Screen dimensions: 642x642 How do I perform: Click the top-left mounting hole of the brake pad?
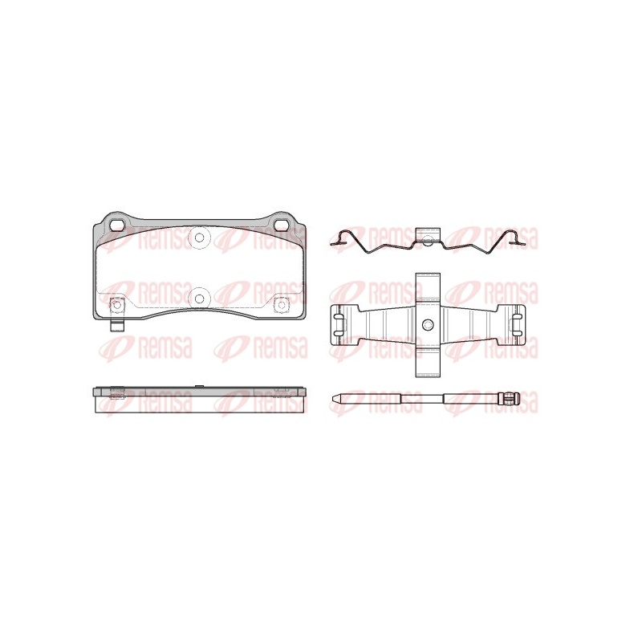point(118,225)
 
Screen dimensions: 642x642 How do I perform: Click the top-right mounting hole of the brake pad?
point(282,225)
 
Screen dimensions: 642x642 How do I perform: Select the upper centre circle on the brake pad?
point(199,237)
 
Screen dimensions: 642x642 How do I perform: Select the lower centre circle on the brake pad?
point(199,299)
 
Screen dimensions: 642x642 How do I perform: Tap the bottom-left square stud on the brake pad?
point(117,305)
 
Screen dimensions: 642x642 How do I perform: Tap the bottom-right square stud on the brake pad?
point(282,305)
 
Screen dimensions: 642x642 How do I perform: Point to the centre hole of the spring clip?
point(428,325)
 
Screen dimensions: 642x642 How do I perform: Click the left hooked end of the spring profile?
point(340,238)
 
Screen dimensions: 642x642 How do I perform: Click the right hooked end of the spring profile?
point(515,238)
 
